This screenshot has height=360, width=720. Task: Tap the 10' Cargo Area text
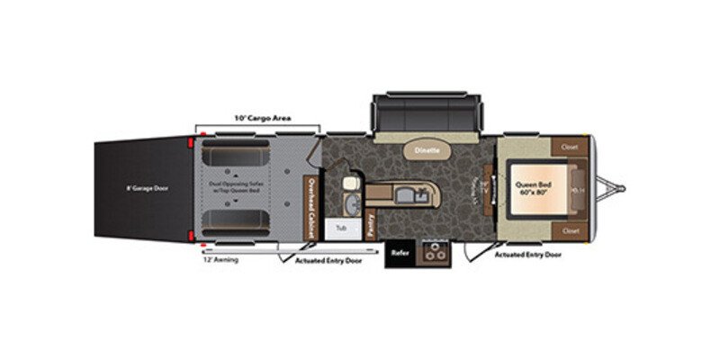point(256,118)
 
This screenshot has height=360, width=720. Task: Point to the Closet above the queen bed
point(569,147)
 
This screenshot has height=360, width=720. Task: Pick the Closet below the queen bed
point(569,230)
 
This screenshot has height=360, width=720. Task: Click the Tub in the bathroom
point(341,229)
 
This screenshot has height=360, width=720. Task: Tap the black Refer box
point(399,254)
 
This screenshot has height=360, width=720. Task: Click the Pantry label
point(371,225)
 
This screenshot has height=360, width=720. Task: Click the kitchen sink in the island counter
point(417,192)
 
